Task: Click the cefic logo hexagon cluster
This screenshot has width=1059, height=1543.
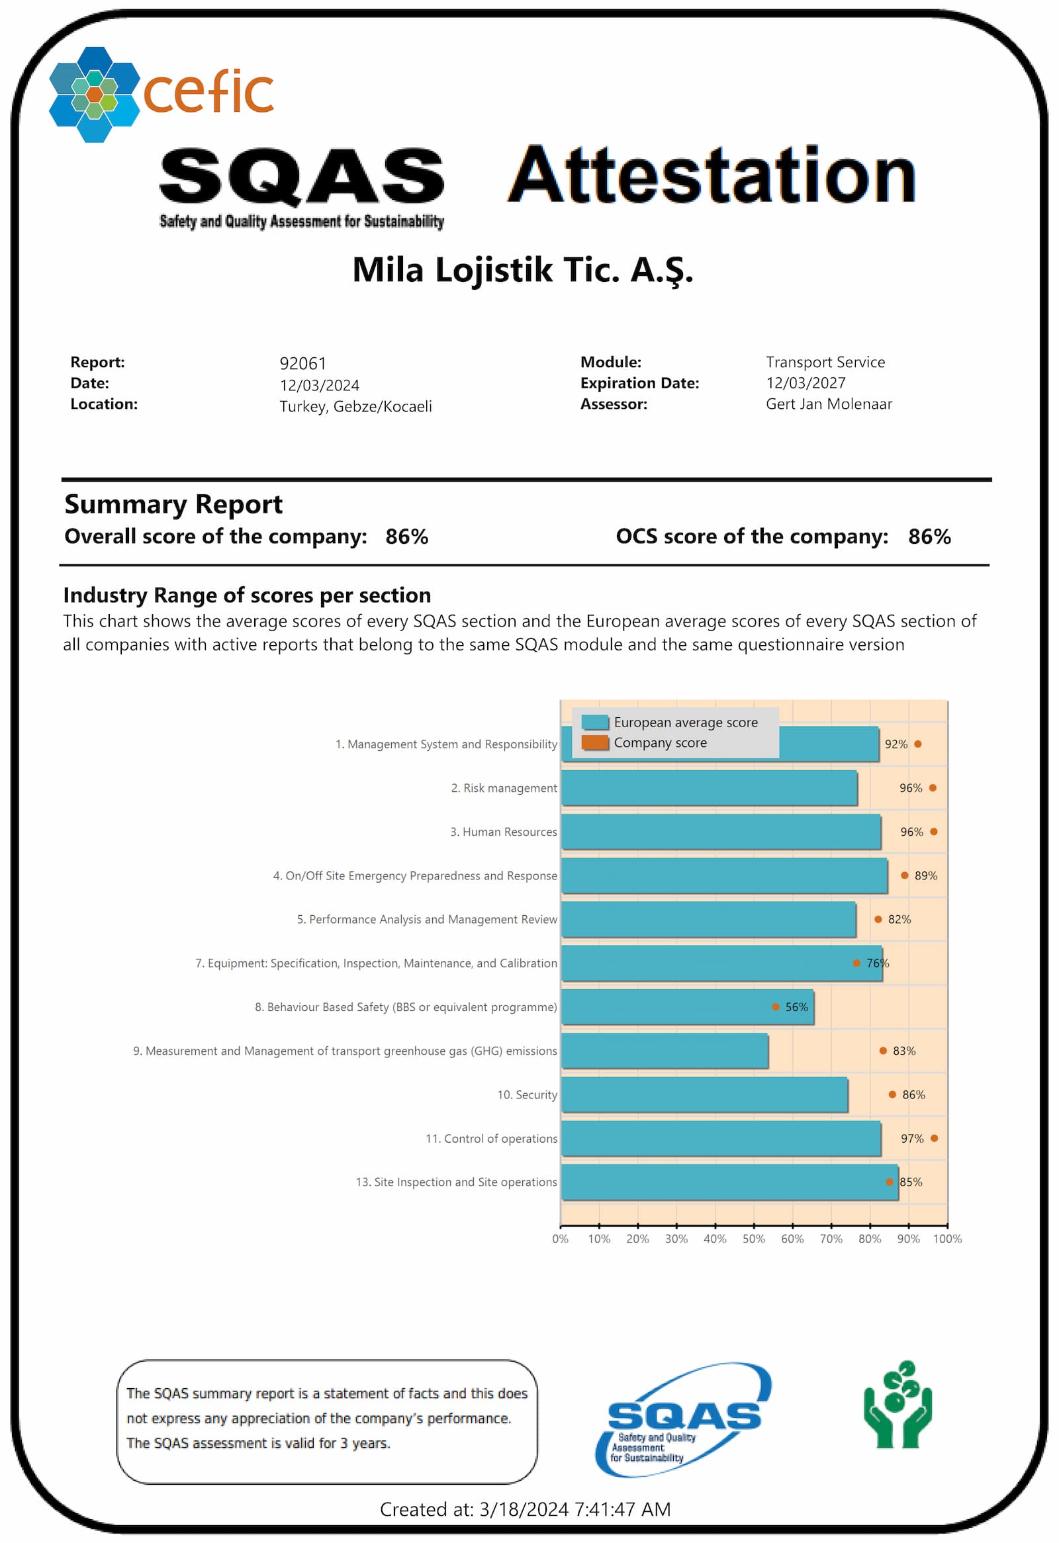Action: coord(94,94)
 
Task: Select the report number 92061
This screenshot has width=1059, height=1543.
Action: coord(302,364)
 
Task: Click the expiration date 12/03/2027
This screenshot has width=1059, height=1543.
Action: coord(806,383)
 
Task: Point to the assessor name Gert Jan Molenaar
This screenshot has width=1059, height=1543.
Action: coord(829,404)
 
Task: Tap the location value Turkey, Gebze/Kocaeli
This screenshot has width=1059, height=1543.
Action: coord(355,406)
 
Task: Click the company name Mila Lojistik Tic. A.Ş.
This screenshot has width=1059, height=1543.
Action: coord(522,270)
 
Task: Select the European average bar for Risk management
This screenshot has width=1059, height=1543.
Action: coord(709,788)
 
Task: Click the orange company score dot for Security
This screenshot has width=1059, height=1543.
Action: coord(892,1095)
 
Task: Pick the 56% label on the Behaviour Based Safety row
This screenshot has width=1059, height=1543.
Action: coord(797,1007)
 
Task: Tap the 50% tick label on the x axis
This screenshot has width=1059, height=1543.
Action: coord(754,1239)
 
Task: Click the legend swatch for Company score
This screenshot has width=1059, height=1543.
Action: coord(595,743)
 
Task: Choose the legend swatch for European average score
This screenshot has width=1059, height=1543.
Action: coord(595,723)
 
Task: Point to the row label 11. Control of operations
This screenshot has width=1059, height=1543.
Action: coord(491,1139)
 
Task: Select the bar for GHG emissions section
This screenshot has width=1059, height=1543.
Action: coord(665,1051)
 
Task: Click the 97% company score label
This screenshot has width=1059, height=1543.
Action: coord(912,1139)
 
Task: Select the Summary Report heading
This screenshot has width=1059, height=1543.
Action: coord(173,505)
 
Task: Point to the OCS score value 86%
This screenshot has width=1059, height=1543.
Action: coord(929,537)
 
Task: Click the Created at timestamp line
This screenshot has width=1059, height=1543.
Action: coord(525,1510)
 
